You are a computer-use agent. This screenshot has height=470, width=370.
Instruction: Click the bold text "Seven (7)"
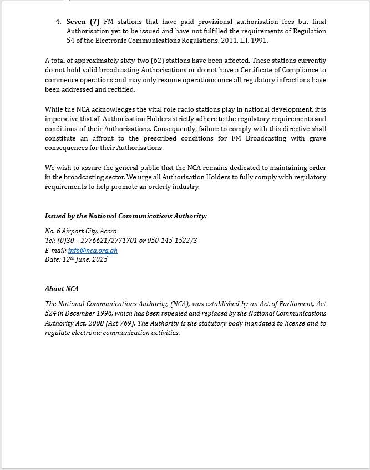click(x=83, y=22)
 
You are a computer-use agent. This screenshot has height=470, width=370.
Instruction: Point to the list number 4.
click(x=58, y=22)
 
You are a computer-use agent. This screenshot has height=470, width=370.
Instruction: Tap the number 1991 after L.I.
click(x=259, y=41)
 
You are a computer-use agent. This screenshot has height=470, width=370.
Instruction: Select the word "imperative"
click(x=62, y=119)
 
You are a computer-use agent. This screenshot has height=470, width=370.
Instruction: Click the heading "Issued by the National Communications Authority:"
click(x=126, y=216)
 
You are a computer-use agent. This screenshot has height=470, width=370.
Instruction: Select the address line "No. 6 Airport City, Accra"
click(x=81, y=231)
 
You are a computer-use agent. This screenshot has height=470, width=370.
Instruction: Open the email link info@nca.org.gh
click(x=93, y=251)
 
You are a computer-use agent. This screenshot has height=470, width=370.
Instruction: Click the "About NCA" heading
click(x=62, y=289)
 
